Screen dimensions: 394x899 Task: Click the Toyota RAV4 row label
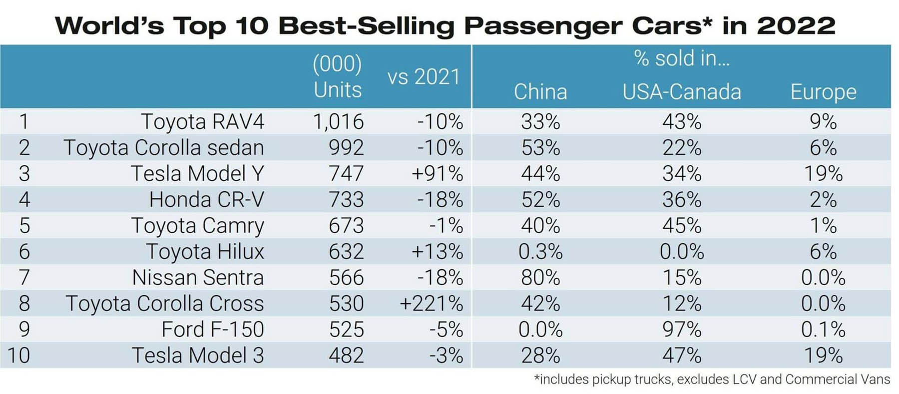tap(202, 122)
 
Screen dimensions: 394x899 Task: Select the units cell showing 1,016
tap(338, 122)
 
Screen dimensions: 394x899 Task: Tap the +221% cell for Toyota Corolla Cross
tap(431, 304)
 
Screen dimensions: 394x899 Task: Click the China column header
tap(540, 92)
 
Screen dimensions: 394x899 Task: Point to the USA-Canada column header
tap(681, 92)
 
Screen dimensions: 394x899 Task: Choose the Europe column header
tap(823, 92)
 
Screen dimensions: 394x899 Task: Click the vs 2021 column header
tap(424, 77)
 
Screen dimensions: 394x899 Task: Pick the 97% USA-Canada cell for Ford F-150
tap(682, 330)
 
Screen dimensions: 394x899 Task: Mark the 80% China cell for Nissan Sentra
tap(540, 278)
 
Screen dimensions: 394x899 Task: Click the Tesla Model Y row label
tap(197, 174)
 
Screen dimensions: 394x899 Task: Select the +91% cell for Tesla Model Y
tap(437, 174)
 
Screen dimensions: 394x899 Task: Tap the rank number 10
tap(18, 356)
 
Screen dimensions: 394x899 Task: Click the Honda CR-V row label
tap(206, 200)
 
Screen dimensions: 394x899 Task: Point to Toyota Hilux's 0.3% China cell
tap(540, 252)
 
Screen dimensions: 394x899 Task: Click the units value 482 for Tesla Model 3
tap(346, 356)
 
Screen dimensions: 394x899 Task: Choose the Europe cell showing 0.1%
tap(823, 330)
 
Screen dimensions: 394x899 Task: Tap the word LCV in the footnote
tap(744, 380)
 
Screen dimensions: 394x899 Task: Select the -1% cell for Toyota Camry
tap(446, 226)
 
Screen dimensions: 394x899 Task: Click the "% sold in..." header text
tap(682, 59)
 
